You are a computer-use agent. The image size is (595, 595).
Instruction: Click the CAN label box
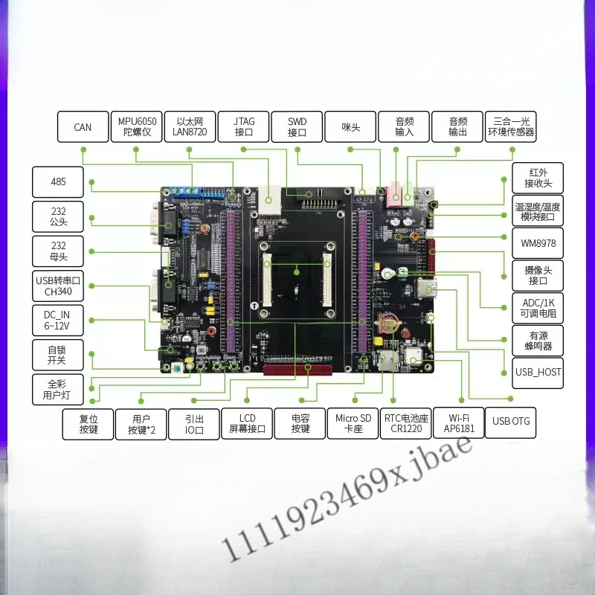pos(83,126)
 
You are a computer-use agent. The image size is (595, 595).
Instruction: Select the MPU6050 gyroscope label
pos(137,126)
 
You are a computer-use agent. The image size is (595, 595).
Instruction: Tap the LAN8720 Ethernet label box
pos(190,126)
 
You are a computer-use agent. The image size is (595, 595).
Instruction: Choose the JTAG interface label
pos(243,126)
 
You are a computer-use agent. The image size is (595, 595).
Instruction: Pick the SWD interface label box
pos(297,126)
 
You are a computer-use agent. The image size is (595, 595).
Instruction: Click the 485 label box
pos(58,181)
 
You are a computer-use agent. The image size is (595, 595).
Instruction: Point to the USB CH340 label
pos(58,286)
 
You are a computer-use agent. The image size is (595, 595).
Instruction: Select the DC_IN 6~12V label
pos(58,321)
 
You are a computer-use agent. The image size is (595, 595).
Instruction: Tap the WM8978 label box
pos(538,243)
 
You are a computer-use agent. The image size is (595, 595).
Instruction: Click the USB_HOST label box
pos(538,373)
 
